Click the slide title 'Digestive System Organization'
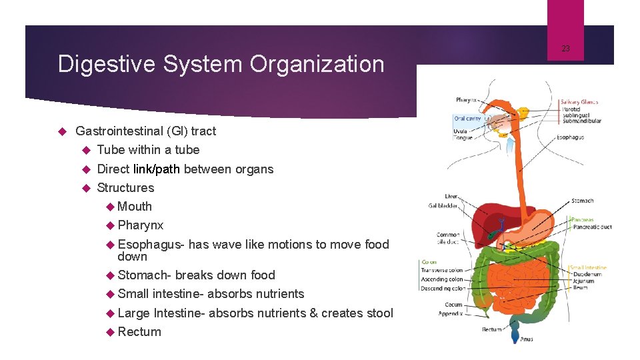[221, 64]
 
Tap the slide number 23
[565, 48]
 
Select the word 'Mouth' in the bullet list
[135, 207]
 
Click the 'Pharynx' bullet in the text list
[140, 225]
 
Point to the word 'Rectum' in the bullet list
[139, 331]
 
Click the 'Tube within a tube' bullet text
[148, 150]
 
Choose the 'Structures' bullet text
[125, 188]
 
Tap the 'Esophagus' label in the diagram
[570, 137]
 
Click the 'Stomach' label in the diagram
[582, 201]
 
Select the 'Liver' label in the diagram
[451, 197]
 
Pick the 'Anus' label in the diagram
[527, 339]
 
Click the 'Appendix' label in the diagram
[450, 313]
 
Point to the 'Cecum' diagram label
[453, 305]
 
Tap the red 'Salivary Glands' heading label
[579, 102]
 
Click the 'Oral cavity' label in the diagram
[467, 119]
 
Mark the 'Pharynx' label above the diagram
[466, 100]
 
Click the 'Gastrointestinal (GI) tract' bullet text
[146, 131]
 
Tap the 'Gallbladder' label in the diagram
[443, 206]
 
